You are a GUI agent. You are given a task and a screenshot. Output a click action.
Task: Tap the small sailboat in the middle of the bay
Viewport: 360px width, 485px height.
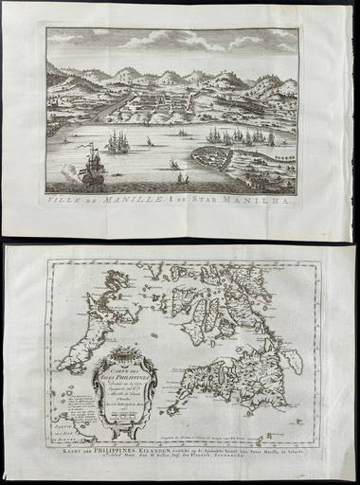pyautogui.click(x=176, y=164)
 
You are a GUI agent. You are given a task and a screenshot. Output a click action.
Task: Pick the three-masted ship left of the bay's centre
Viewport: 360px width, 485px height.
pyautogui.click(x=117, y=141)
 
